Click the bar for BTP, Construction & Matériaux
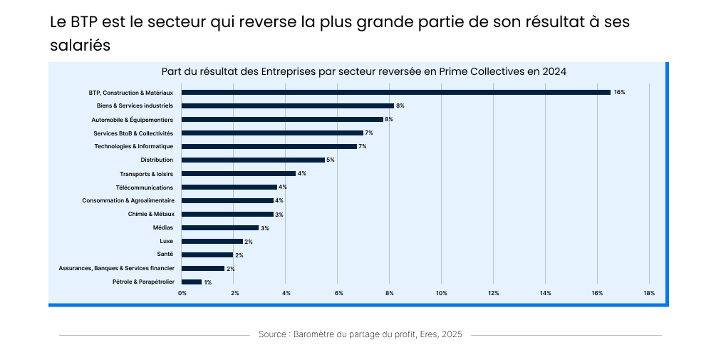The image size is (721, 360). click(x=396, y=92)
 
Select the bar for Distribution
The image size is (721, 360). click(x=253, y=160)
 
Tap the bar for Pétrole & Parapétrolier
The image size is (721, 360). click(x=192, y=282)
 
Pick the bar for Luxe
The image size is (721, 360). click(x=212, y=241)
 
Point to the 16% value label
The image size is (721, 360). click(x=619, y=92)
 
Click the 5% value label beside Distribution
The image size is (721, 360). click(x=331, y=160)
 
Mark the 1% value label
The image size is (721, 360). click(x=207, y=282)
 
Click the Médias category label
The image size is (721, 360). click(x=162, y=227)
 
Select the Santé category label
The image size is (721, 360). click(x=165, y=254)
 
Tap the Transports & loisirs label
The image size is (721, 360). click(x=146, y=173)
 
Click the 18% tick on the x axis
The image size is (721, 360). click(x=649, y=293)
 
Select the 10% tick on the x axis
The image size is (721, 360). click(x=442, y=293)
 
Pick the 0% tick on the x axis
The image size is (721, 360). click(x=182, y=293)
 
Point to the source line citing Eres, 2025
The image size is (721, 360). click(x=360, y=334)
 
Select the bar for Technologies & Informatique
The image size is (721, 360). click(x=269, y=146)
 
